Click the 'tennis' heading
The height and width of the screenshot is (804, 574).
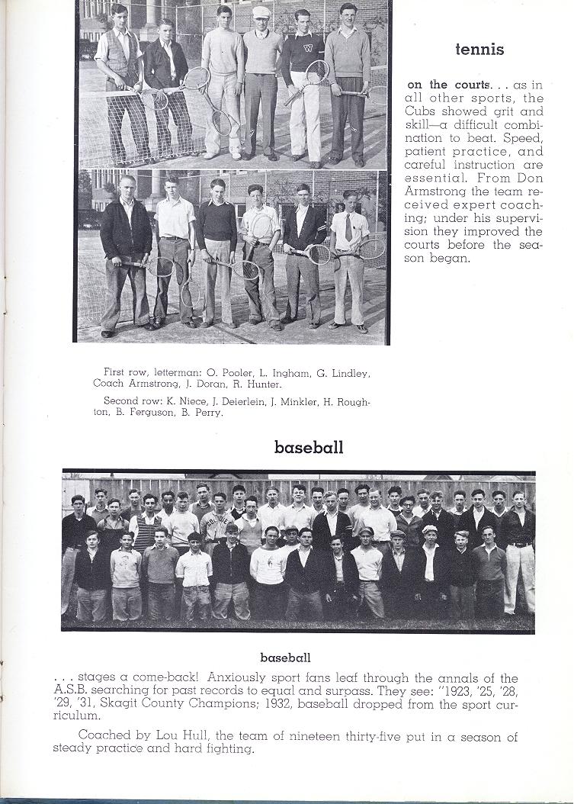479,50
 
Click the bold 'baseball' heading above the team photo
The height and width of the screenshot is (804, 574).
309,447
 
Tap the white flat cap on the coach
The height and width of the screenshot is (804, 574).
261,12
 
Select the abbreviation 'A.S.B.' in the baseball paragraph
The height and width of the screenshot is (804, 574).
72,691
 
